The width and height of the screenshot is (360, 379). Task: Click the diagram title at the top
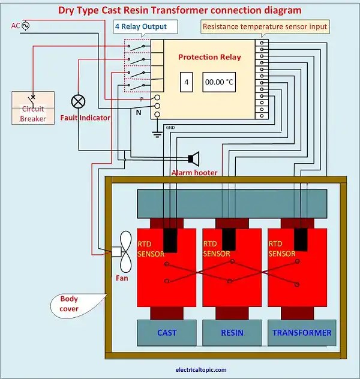[x=180, y=10]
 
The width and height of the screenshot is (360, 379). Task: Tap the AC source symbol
[x=26, y=25]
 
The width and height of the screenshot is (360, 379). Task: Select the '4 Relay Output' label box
[x=149, y=26]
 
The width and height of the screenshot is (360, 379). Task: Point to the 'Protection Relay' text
[x=209, y=57]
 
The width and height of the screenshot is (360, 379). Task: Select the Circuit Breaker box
[x=33, y=108]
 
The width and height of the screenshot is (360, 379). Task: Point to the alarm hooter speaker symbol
[x=194, y=158]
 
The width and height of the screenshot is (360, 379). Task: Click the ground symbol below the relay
[x=157, y=133]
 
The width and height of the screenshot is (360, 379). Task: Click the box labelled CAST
[x=167, y=332]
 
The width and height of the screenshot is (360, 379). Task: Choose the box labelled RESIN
[x=232, y=332]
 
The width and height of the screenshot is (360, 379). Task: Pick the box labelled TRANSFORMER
[x=301, y=332]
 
